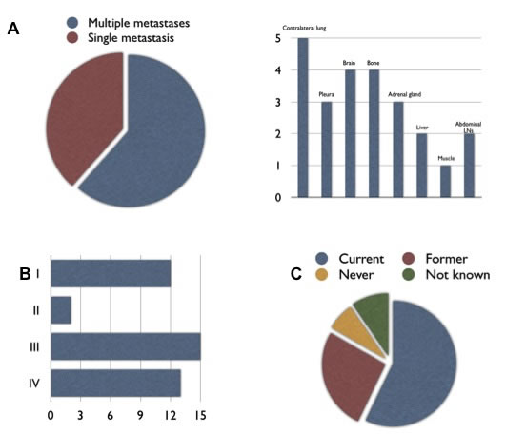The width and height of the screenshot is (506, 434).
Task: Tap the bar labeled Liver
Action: pos(421,166)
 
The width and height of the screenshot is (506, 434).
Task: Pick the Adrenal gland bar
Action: pos(397,149)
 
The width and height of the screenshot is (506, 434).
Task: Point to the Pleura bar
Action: pos(326,149)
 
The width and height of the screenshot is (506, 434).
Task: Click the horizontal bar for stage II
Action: pos(60,310)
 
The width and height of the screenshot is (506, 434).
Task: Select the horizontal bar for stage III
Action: pos(125,346)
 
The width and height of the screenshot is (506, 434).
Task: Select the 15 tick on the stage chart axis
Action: pos(199,415)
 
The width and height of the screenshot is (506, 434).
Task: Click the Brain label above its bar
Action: pos(350,63)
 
